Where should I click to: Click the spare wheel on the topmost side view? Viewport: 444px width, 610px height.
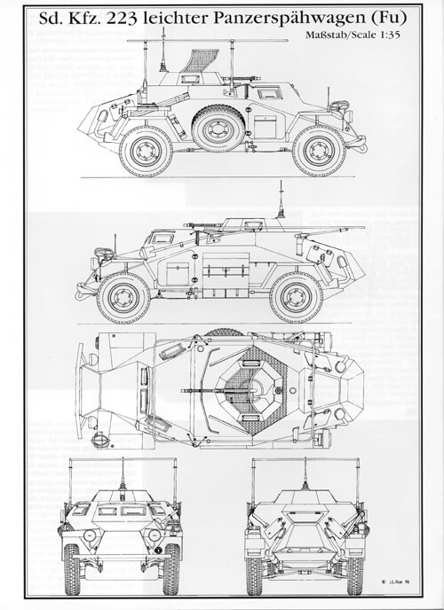[x=218, y=129]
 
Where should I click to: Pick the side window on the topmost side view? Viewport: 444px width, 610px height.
[x=266, y=91]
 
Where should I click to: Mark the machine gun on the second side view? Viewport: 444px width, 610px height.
[x=206, y=226]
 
